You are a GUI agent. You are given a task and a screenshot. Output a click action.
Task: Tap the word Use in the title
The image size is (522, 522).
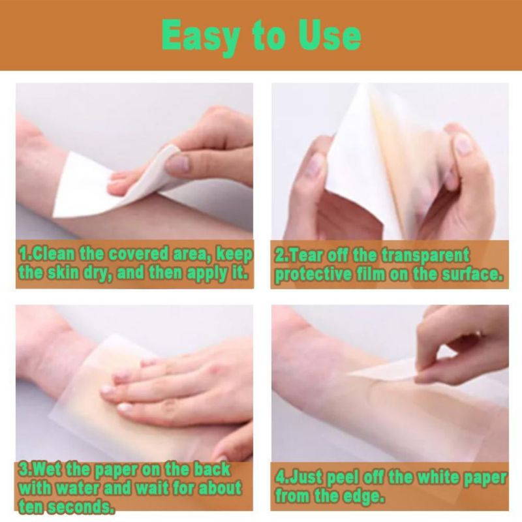[330, 35]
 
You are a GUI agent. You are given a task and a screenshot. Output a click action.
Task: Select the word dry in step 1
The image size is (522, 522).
[97, 273]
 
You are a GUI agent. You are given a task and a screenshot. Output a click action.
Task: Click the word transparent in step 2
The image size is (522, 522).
[425, 256]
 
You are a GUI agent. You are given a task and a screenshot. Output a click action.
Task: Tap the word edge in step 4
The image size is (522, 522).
[363, 497]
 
